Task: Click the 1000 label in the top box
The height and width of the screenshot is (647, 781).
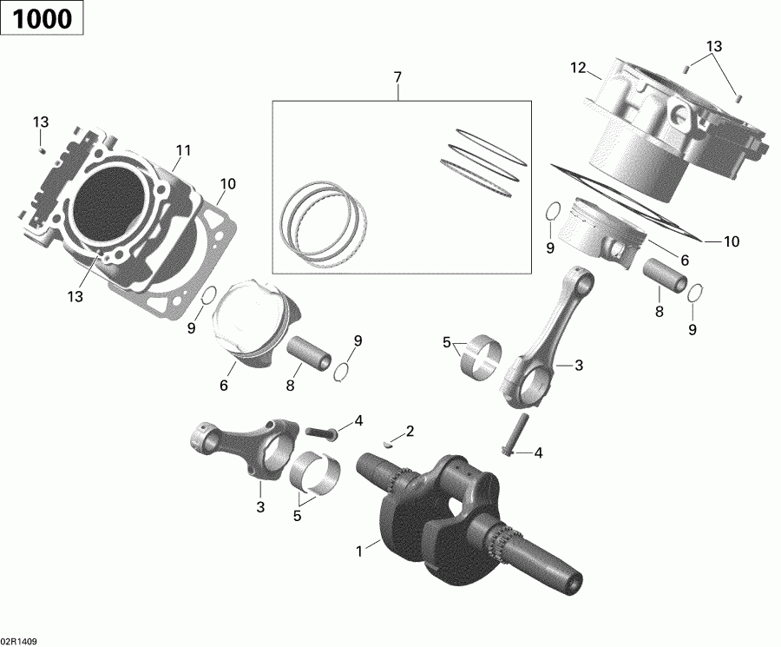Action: tap(42, 18)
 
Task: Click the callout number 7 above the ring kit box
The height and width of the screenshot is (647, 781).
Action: tap(397, 78)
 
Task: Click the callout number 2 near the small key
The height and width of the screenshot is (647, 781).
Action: tap(410, 432)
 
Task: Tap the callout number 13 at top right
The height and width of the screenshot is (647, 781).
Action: tap(713, 46)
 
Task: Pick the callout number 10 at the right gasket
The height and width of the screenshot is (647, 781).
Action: tap(731, 242)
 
